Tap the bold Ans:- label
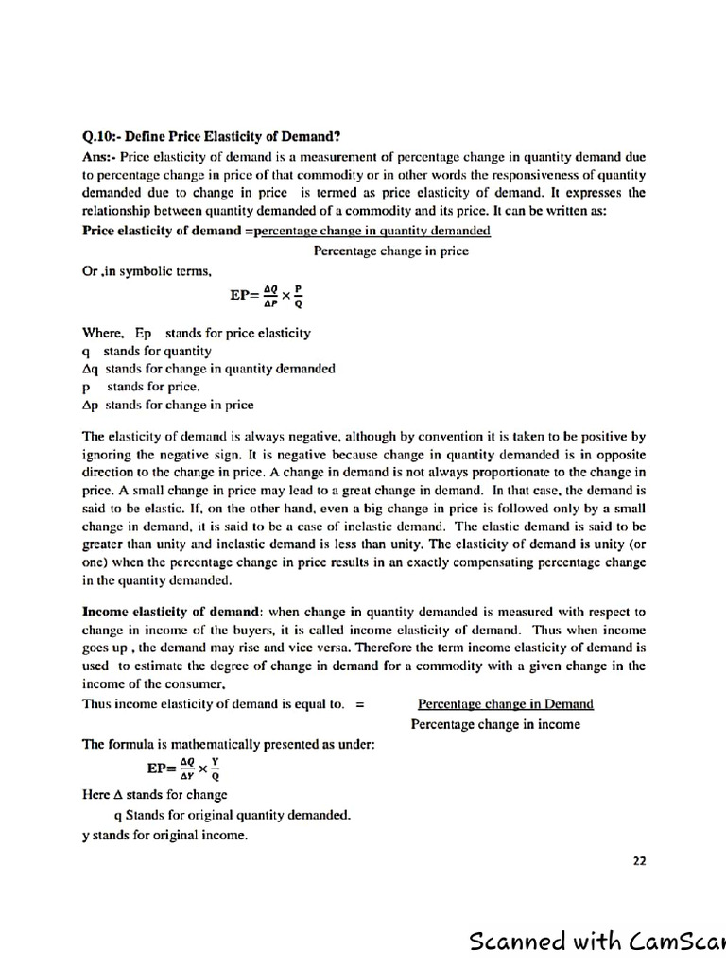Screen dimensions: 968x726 (x=99, y=156)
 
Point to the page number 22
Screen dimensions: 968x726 (x=639, y=860)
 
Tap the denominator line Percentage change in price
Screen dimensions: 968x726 (x=390, y=251)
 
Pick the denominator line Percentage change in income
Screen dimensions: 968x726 (x=495, y=724)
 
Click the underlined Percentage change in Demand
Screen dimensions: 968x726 (x=506, y=703)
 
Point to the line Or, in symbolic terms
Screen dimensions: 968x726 (x=141, y=270)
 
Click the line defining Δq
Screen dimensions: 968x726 (x=209, y=369)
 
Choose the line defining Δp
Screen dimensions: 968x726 (x=168, y=405)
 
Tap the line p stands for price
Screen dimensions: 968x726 (x=142, y=387)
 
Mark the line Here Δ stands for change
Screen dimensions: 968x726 (x=155, y=794)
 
